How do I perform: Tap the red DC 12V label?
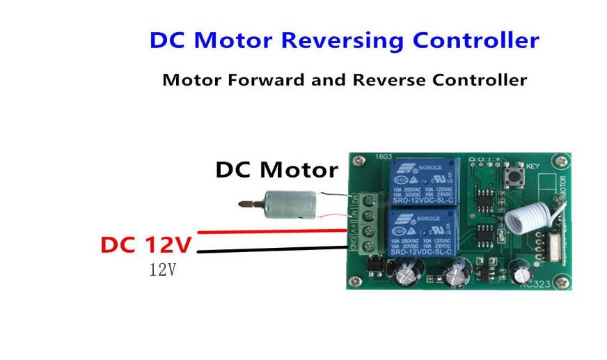click(x=145, y=245)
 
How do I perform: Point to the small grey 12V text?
click(x=162, y=269)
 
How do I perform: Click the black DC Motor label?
click(x=276, y=170)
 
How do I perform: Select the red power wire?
click(x=271, y=230)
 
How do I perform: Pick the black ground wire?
click(x=271, y=249)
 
